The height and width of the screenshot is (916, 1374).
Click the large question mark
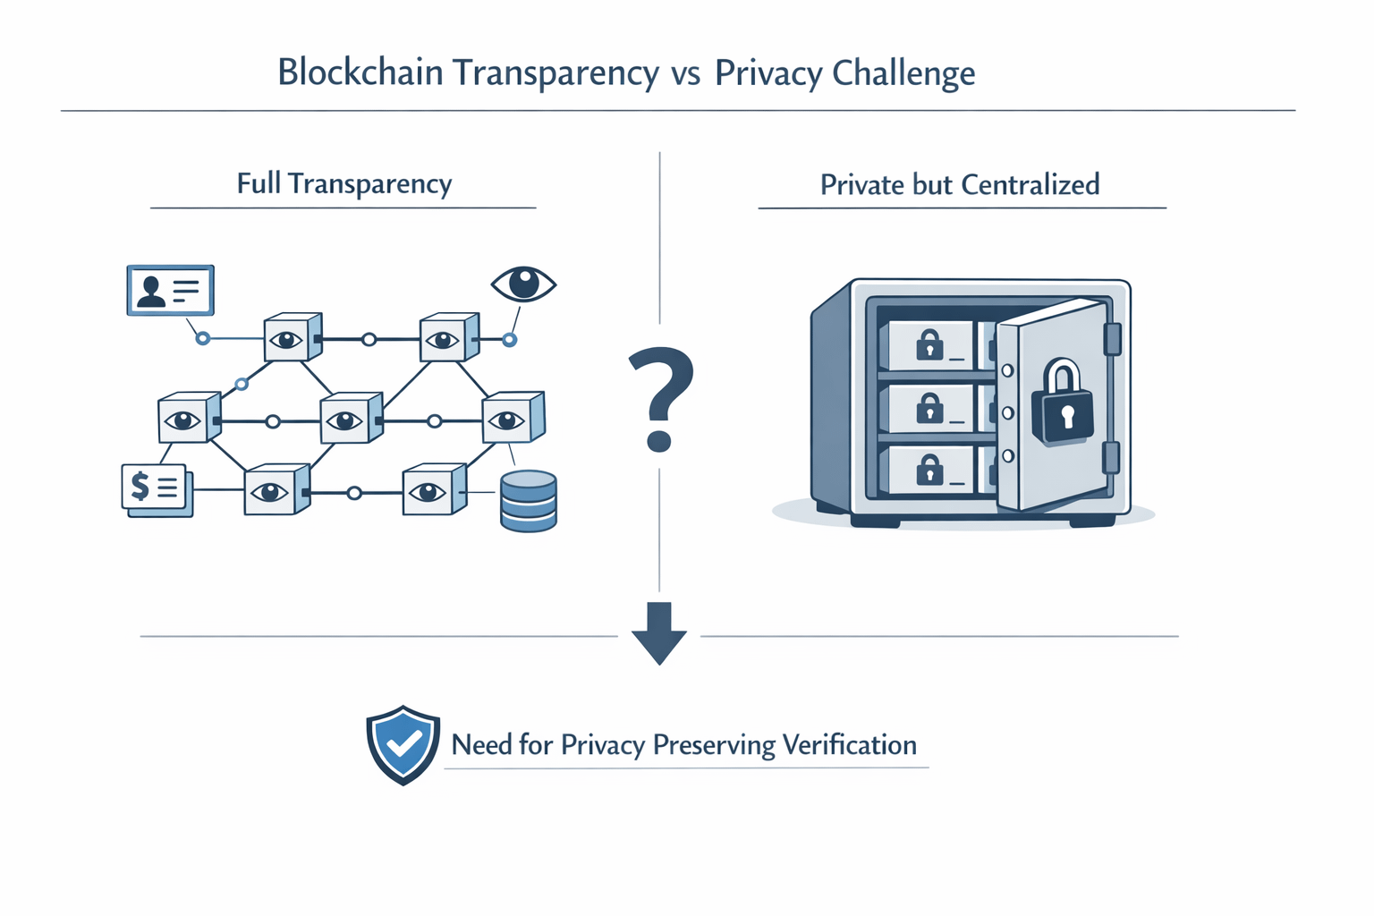[x=660, y=398]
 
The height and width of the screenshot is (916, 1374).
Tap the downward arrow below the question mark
[x=659, y=632]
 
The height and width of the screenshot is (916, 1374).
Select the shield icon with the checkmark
[x=403, y=744]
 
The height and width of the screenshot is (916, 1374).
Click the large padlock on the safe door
[x=1062, y=404]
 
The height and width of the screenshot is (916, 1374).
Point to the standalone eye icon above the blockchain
[x=524, y=284]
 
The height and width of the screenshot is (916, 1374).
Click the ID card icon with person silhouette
[x=170, y=290]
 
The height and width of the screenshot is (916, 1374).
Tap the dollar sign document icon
[x=155, y=488]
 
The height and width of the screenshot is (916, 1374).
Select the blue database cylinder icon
[x=529, y=501]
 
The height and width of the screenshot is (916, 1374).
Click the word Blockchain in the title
[x=360, y=72]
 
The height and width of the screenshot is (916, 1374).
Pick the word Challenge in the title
[x=903, y=73]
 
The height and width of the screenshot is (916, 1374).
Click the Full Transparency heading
[x=344, y=184]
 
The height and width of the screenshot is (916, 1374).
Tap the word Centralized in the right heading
[x=1030, y=185]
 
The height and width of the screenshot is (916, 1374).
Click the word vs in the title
[x=685, y=73]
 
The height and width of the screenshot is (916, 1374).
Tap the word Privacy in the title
[x=768, y=73]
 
